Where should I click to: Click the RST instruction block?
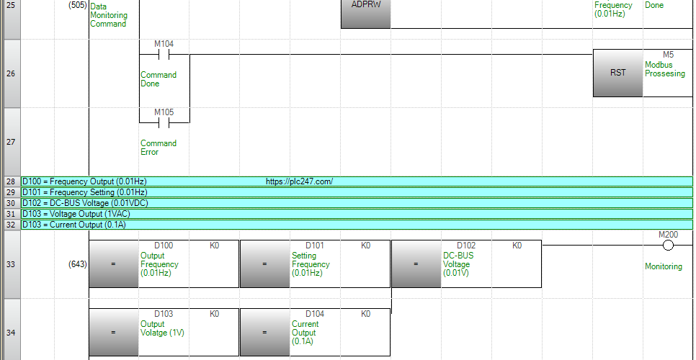point(618,73)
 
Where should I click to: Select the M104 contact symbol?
point(164,55)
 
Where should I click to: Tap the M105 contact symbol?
point(164,123)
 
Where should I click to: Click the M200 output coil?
point(668,246)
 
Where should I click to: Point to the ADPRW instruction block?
point(366,13)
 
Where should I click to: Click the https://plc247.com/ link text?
point(299,181)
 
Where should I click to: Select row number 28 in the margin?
point(11,181)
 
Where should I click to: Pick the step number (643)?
point(78,264)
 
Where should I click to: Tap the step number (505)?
point(78,6)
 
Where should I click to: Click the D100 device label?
point(164,246)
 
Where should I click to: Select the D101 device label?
point(315,246)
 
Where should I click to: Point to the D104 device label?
point(315,314)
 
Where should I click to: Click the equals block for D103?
point(114,332)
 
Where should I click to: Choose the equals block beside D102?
point(416,264)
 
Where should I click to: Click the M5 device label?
point(668,55)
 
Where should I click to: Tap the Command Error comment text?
point(159,148)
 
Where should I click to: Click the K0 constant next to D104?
point(365,314)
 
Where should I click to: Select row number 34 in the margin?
point(11,333)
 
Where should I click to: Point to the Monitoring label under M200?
point(664,266)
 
